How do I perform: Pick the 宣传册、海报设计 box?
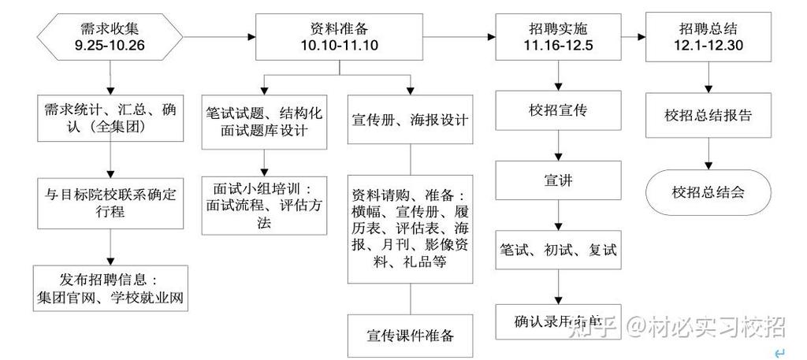point(410,121)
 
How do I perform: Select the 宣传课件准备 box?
point(410,336)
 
